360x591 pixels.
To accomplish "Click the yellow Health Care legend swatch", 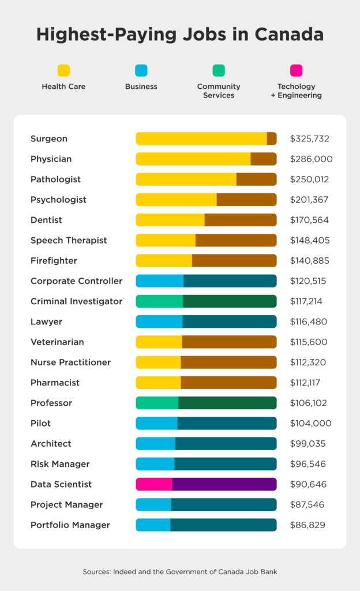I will point(63,70).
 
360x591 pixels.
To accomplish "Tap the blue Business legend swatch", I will point(141,70).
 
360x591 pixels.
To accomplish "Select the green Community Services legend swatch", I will point(219,70).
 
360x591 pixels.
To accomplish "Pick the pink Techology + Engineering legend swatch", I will point(296,70).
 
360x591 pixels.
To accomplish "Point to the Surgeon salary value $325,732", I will point(310,139).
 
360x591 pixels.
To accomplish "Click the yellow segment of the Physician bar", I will point(193,159).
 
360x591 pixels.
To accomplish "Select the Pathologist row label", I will point(55,179).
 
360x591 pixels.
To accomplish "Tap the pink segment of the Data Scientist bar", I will point(154,484).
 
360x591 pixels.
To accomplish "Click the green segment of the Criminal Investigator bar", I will point(159,301).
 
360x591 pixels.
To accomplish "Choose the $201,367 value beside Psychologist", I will point(310,200).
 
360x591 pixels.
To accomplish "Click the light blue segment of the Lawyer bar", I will point(159,321).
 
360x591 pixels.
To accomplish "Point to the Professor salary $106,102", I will point(309,403).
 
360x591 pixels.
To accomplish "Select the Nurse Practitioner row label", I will point(70,362).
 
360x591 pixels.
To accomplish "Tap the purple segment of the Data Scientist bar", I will point(224,484).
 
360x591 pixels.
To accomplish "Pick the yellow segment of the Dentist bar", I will point(170,220).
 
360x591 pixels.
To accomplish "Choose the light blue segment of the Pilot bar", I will point(157,423).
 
